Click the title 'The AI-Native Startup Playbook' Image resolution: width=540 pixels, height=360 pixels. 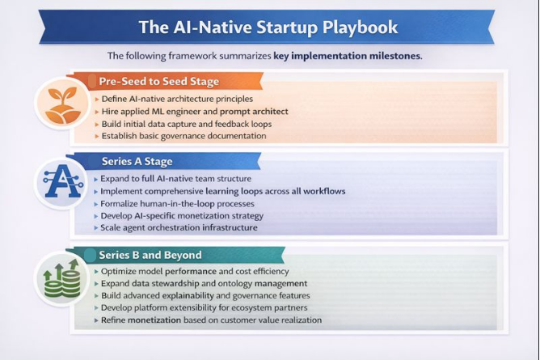point(268,27)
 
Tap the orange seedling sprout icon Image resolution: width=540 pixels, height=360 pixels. point(63,105)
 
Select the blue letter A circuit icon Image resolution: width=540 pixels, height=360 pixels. point(63,181)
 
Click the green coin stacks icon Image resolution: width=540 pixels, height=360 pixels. point(62,279)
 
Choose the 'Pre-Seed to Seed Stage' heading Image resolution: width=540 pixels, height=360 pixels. point(158,81)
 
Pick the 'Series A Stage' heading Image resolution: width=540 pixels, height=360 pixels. point(137,161)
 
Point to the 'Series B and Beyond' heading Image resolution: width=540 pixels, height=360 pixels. point(150,255)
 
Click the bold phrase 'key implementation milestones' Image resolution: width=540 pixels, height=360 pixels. point(347,56)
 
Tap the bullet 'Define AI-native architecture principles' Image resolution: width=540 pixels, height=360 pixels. point(177,99)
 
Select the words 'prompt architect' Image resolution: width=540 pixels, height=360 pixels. point(254,112)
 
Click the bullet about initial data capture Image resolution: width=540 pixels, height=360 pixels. point(186,124)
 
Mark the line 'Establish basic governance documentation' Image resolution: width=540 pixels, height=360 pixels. point(184,136)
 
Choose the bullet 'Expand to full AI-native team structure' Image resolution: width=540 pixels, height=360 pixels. point(175,179)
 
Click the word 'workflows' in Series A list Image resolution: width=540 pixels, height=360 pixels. point(324,191)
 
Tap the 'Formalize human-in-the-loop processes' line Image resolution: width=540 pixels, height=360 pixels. point(177,204)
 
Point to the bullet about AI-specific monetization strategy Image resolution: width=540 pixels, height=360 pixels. point(182,216)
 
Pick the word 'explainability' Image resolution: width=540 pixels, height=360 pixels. point(188,295)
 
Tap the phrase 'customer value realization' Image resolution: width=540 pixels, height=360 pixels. point(271,320)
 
